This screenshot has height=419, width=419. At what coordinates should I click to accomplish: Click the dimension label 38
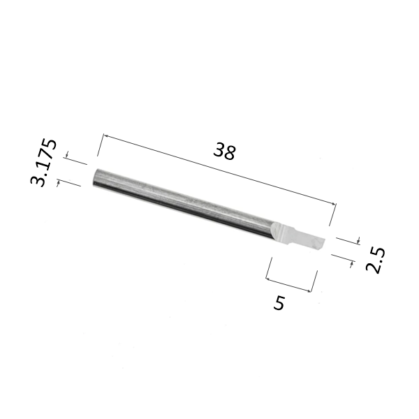[x=225, y=151]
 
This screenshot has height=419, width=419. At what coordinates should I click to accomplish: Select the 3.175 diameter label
[x=43, y=163]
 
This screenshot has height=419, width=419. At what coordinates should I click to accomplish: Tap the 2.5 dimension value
[x=376, y=260]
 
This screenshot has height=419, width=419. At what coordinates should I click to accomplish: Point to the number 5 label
[x=279, y=303]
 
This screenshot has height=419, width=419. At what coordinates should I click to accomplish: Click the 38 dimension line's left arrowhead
[x=105, y=135]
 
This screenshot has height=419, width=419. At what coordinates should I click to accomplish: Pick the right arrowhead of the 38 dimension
[x=334, y=204]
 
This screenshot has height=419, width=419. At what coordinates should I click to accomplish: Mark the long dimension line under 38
[x=220, y=170]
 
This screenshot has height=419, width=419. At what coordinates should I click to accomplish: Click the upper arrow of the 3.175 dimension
[x=67, y=155]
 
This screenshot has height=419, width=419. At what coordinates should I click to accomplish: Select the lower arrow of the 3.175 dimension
[x=58, y=183]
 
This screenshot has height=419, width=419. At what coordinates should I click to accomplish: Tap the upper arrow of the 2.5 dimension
[x=359, y=240]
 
